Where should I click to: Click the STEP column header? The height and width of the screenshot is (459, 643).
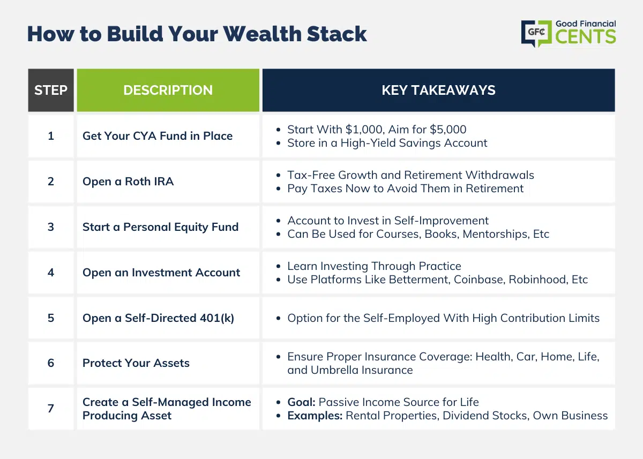point(51,90)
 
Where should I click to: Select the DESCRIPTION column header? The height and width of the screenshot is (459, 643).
point(168,90)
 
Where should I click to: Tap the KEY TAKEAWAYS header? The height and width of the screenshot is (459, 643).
point(439,90)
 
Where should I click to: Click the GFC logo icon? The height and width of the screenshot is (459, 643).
point(536,33)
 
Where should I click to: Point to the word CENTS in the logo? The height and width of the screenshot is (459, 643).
point(586,37)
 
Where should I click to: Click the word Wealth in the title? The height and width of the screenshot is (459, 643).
point(262,34)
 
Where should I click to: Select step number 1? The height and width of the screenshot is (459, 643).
point(51,136)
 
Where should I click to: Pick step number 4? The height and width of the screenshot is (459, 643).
point(51,273)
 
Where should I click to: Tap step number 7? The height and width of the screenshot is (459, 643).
point(51,409)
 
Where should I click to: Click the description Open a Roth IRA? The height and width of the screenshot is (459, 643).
point(128,182)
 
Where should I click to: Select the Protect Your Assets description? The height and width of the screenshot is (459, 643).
point(136,363)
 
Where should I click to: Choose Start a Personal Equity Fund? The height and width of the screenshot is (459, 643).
point(160,227)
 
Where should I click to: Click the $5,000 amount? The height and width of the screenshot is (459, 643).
point(448,130)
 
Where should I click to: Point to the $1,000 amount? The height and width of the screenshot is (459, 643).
point(364,130)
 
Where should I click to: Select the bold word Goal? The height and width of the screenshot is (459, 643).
point(301,402)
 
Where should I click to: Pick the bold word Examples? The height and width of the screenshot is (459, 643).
point(315,416)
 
